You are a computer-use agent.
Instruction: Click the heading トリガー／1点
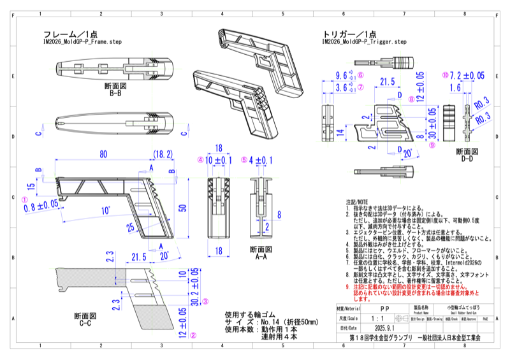(x=350, y=34)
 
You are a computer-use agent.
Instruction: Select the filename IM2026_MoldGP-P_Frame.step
(x=82, y=42)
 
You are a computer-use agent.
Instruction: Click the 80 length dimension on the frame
(x=103, y=154)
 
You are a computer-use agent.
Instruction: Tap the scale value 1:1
(x=380, y=317)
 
